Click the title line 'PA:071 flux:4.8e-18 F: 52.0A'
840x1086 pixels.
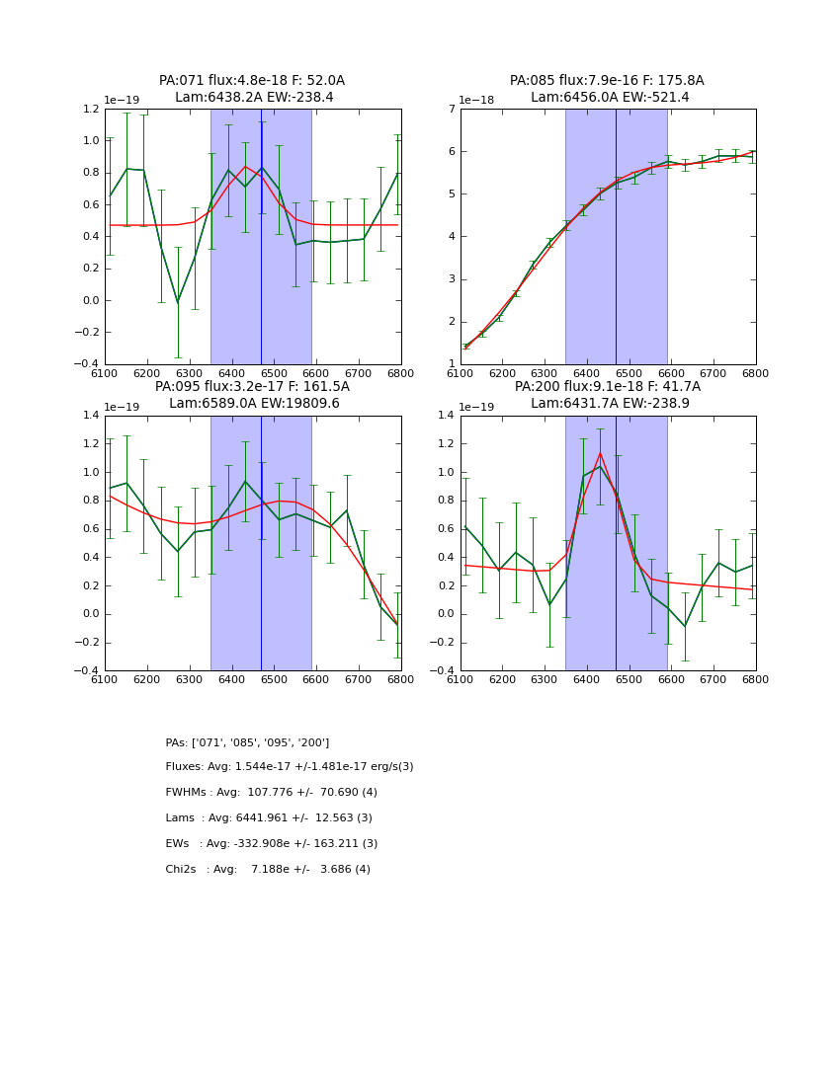tap(252, 81)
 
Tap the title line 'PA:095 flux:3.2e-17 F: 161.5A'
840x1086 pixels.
tap(252, 387)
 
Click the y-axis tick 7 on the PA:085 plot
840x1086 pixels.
tap(450, 110)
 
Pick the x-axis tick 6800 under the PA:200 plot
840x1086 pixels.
tap(756, 678)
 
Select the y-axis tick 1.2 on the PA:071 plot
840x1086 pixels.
tap(89, 110)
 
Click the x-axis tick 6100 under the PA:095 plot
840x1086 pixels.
tap(105, 678)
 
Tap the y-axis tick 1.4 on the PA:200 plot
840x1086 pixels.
tap(445, 416)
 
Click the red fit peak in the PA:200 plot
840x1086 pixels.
tap(600, 453)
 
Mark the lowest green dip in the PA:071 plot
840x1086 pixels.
tap(178, 302)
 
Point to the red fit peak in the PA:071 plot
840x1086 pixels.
tap(246, 166)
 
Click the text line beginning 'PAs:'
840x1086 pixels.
tap(247, 742)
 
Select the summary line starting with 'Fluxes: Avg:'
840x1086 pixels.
tap(290, 767)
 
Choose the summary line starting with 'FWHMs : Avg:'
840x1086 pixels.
tap(272, 793)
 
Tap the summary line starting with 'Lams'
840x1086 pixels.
tap(269, 818)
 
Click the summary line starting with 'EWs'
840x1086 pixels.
tap(272, 844)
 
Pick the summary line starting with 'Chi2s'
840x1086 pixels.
tap(268, 870)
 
